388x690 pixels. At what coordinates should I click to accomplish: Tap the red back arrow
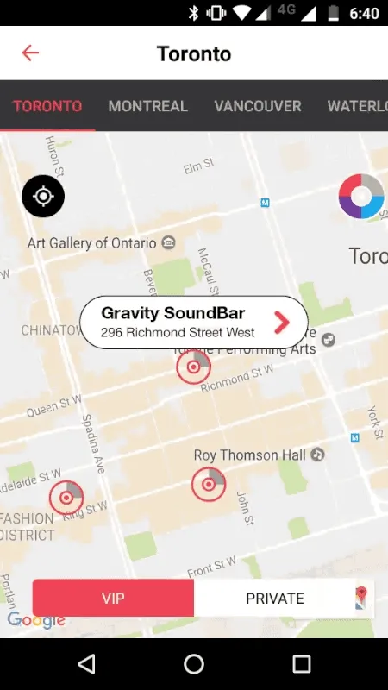30,53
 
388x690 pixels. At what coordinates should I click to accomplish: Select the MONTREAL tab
147,107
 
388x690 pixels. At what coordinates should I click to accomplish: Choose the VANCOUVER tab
258,107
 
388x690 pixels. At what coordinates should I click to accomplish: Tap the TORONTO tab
47,107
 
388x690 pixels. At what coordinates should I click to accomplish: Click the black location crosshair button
43,197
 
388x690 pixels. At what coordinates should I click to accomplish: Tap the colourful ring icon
361,197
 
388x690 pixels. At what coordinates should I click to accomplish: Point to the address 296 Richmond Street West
178,333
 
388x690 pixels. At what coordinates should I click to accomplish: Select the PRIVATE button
275,599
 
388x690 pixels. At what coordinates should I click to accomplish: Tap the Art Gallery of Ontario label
93,243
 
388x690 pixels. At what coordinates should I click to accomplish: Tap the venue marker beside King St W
66,498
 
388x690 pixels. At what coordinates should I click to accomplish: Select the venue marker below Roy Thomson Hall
208,485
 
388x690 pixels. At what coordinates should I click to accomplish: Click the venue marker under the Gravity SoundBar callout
193,367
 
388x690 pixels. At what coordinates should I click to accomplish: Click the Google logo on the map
36,620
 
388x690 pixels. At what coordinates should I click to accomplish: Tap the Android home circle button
194,663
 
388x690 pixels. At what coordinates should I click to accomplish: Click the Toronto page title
194,53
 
